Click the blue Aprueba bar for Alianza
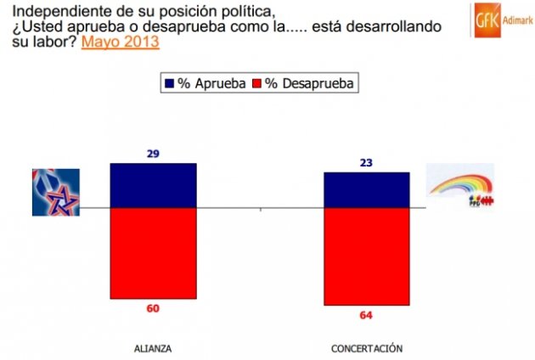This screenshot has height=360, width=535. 153,185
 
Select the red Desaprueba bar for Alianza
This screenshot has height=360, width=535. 153,253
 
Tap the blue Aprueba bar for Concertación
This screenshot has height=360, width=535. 367,189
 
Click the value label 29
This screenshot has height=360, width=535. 153,154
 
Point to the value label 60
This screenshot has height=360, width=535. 153,308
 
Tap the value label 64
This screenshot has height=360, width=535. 367,316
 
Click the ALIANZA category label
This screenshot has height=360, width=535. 153,348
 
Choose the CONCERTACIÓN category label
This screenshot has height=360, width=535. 367,348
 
